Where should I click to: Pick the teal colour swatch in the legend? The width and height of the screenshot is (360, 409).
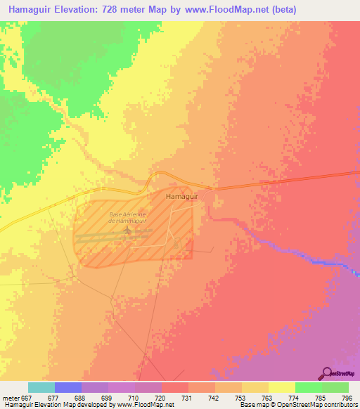(x=41, y=387)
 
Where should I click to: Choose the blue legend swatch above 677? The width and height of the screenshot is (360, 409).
(x=68, y=387)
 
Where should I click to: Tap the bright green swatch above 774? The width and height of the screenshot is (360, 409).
(x=308, y=387)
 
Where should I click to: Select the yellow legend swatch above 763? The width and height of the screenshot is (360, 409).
(x=255, y=387)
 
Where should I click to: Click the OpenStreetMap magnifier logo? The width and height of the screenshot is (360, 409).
(x=326, y=373)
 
